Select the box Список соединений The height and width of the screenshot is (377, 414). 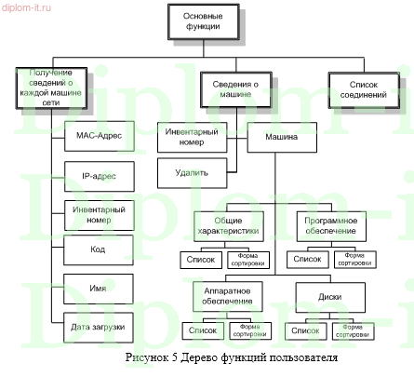pos(362,88)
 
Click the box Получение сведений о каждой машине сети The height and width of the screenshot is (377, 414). pos(52,88)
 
